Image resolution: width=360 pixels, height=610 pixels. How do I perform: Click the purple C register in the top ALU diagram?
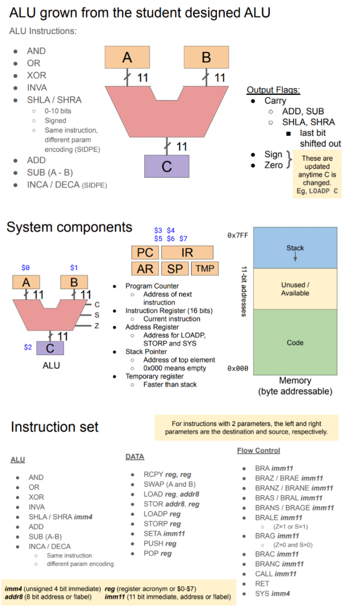coord(167,166)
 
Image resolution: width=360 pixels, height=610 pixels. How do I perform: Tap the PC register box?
coord(145,252)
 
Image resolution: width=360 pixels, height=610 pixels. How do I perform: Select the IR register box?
coord(187,252)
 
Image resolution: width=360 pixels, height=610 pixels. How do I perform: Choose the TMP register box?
coord(205,268)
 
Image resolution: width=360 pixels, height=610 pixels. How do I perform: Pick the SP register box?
coord(175,268)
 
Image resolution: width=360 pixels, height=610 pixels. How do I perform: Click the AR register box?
coord(145,268)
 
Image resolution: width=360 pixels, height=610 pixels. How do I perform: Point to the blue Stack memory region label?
coord(295,248)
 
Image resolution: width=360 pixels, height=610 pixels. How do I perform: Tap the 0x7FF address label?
coord(238,235)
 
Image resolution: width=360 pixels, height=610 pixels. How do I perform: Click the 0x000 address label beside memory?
coord(238,368)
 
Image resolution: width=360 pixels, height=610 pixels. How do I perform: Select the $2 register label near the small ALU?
coord(28,347)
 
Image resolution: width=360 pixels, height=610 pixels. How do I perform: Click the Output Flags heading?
coord(273,90)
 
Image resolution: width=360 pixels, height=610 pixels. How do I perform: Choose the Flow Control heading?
coord(258,450)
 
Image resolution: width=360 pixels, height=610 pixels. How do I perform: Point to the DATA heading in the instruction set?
coord(135,456)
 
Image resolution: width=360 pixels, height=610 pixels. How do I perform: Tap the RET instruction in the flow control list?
coord(262,584)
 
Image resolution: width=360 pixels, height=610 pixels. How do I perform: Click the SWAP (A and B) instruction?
coord(169,484)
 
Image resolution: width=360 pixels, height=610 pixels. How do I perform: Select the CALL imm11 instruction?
coord(276,573)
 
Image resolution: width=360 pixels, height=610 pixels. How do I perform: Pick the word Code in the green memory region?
coord(295,343)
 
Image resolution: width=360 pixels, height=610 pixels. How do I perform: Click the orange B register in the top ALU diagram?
coord(207,57)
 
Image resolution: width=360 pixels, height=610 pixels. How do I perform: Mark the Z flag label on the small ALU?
coord(97,325)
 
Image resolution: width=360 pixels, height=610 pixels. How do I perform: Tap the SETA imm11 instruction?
coord(164,533)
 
